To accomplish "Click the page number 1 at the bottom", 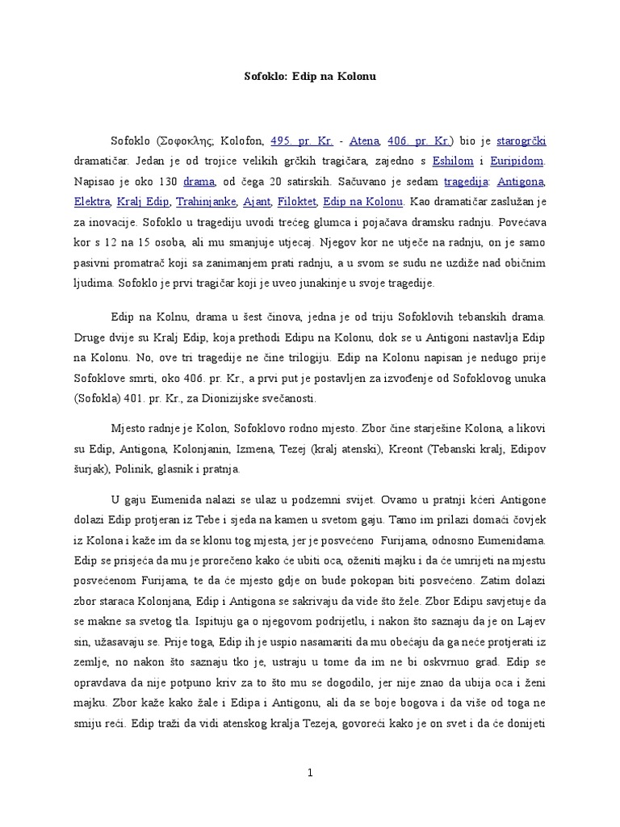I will [310, 773].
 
